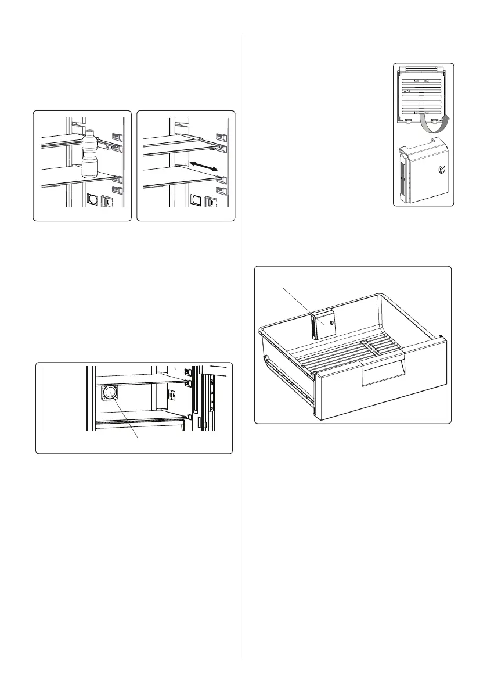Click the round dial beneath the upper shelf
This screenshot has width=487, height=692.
point(109,394)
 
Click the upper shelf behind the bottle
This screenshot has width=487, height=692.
point(64,140)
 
